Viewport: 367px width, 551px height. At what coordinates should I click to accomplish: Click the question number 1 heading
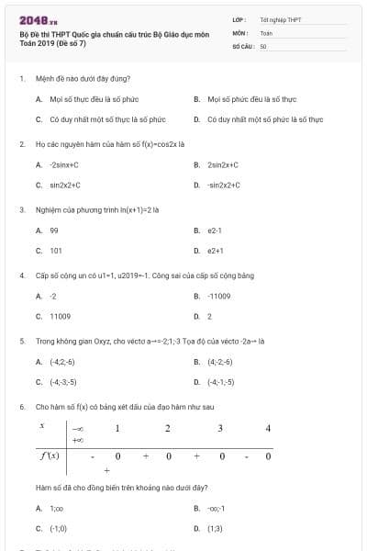[x=21, y=79]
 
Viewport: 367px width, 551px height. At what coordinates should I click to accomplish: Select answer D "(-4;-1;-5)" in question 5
[x=220, y=381]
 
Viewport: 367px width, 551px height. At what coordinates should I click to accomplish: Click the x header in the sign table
[x=42, y=427]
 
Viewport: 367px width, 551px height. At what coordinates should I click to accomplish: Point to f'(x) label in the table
[x=49, y=455]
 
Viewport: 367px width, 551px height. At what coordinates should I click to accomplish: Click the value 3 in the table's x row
[x=220, y=428]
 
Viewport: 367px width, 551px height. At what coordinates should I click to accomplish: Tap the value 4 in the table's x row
[x=268, y=428]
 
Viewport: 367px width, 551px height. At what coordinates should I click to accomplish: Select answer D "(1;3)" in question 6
[x=215, y=528]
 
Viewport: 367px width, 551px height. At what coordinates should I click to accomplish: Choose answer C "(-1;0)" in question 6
[x=58, y=528]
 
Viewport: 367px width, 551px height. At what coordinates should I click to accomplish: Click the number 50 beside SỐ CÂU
[x=263, y=45]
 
